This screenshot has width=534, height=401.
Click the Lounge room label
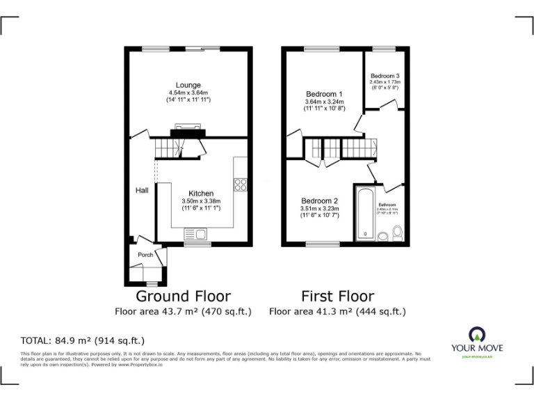click(x=188, y=86)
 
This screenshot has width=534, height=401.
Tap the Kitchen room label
click(x=201, y=194)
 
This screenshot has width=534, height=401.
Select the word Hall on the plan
click(x=142, y=190)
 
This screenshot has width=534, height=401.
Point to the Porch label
click(x=145, y=255)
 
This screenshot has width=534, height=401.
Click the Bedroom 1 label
click(x=324, y=94)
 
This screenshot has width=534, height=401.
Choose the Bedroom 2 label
click(x=320, y=200)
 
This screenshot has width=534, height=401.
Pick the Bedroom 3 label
click(x=385, y=76)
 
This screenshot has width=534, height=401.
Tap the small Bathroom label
click(x=387, y=204)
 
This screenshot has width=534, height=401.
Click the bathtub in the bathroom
click(x=366, y=213)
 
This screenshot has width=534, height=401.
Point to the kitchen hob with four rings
click(x=241, y=184)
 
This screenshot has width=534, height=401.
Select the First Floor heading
click(x=337, y=296)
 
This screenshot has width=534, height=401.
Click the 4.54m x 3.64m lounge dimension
click(x=188, y=93)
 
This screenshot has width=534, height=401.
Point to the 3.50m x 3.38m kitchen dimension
click(x=201, y=201)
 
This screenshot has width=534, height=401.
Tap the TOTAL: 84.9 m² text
click(x=83, y=340)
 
